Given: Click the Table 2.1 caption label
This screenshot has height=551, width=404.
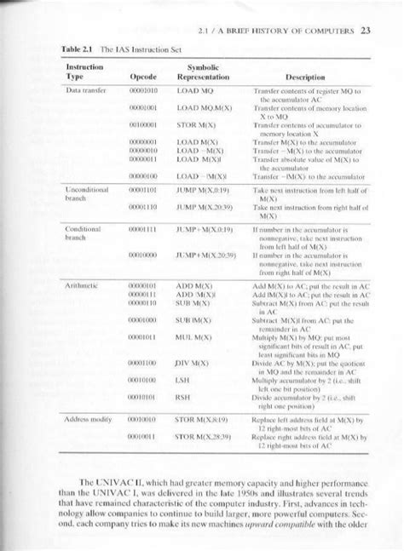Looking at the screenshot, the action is tap(81, 49).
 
